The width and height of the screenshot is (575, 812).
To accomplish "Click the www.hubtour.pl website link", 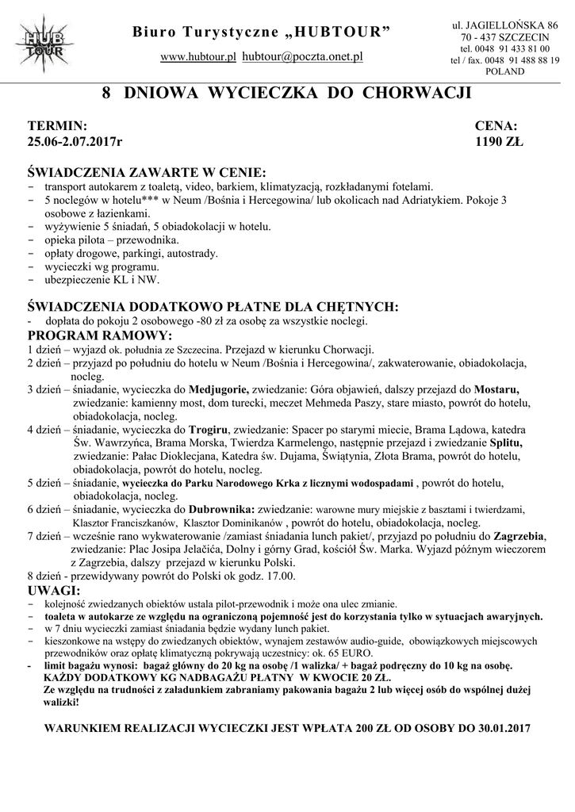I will [x=199, y=57].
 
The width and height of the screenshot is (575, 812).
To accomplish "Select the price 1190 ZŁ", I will [x=500, y=143].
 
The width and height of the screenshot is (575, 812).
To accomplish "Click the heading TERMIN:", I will [x=56, y=126].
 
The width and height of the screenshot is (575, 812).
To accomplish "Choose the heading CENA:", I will [x=496, y=126].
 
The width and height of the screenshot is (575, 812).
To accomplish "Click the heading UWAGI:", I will [x=53, y=592].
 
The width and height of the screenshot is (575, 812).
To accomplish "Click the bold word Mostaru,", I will [x=497, y=389].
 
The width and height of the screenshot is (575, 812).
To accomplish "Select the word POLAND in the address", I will [x=504, y=71].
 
